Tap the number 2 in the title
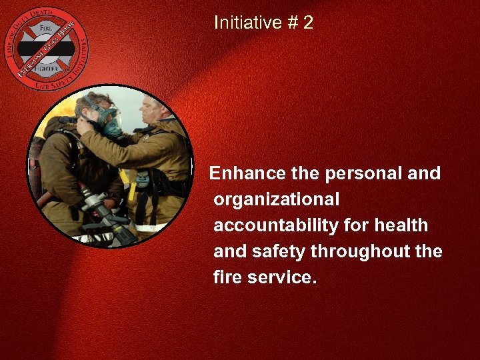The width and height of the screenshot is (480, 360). point(307,23)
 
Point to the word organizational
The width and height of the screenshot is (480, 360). point(276,199)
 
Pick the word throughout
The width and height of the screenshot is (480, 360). point(363,251)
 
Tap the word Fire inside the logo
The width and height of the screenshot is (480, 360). point(45,29)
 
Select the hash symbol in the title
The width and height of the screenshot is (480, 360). point(291,23)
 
